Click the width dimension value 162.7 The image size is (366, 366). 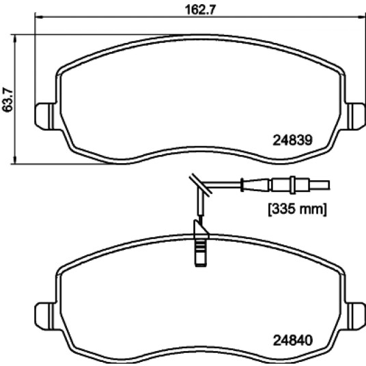coord(200,10)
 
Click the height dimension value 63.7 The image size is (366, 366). coord(8,100)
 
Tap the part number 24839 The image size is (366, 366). coord(292,140)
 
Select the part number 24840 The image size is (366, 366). coord(292,340)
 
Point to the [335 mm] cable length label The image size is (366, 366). coord(298,209)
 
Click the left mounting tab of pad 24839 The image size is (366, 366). coord(45,116)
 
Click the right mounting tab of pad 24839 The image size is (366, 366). coord(356,116)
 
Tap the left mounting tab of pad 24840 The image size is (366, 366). coord(45,316)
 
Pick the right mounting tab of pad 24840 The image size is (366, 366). coord(356,316)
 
